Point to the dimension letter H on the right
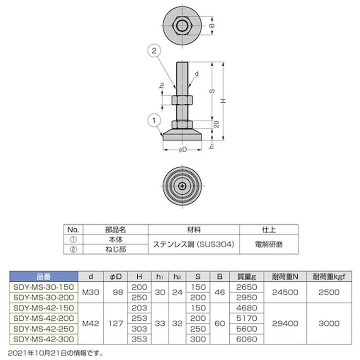224,102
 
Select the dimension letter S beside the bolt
212,91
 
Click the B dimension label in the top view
212,26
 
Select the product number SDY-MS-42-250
43,329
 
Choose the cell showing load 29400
285,323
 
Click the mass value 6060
247,339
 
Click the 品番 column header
43,276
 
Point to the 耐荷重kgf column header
329,276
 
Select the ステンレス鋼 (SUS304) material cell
194,244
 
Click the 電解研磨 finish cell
269,244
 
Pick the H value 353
140,339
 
